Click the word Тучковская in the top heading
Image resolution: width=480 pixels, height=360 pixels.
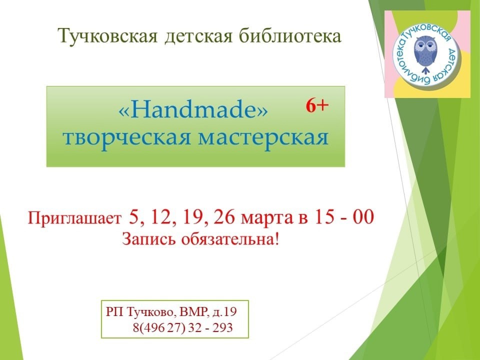click(x=108, y=36)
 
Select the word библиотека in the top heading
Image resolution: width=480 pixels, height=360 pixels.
click(x=289, y=36)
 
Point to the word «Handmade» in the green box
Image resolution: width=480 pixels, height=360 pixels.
click(x=193, y=109)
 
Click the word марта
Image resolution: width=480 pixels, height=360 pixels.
click(x=266, y=219)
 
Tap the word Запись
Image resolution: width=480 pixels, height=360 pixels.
click(x=149, y=239)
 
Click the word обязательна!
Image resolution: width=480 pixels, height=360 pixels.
click(x=230, y=239)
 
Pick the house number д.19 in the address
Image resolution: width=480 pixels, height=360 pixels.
click(x=224, y=312)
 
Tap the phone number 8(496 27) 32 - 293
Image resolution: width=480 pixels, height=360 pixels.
click(x=183, y=328)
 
